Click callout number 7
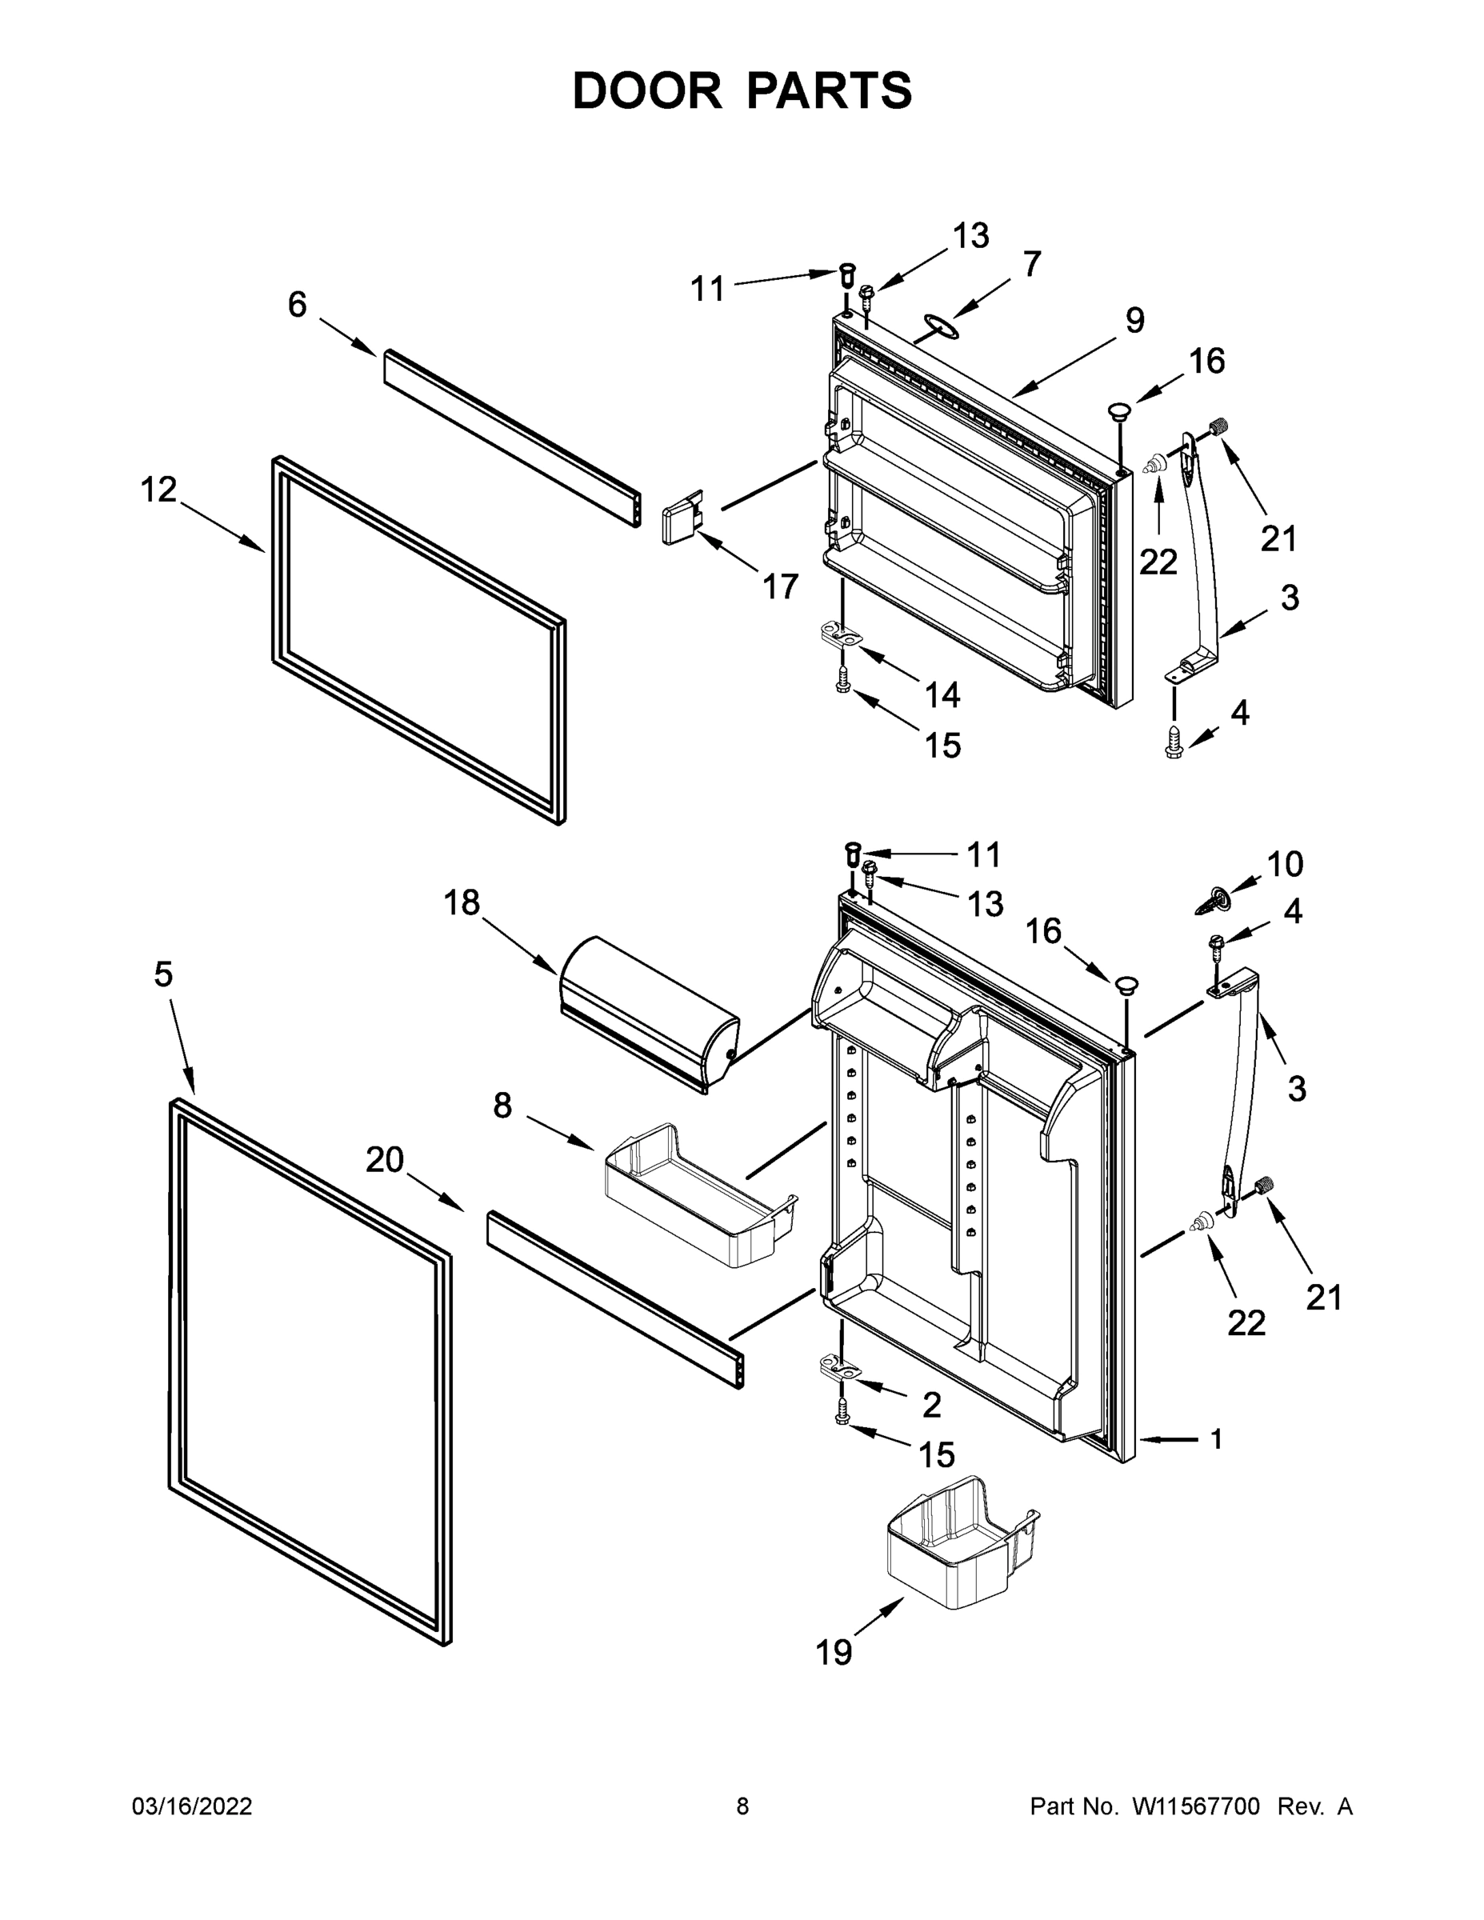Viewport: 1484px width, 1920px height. (x=1031, y=263)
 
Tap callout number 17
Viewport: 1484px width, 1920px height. (x=780, y=586)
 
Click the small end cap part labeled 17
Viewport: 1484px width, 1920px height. (x=682, y=518)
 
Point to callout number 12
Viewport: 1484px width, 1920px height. (x=159, y=490)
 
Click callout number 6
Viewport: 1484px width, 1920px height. (x=297, y=305)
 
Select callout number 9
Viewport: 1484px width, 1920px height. (x=1134, y=320)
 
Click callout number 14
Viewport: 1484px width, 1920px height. (x=942, y=694)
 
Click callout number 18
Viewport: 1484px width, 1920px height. (x=462, y=902)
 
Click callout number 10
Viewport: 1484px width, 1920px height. (x=1285, y=864)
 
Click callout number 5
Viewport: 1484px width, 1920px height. (x=163, y=974)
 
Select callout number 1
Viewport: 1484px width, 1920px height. (x=1217, y=1439)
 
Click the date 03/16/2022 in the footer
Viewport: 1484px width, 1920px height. (x=192, y=1806)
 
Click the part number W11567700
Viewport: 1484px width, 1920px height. (x=1196, y=1806)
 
